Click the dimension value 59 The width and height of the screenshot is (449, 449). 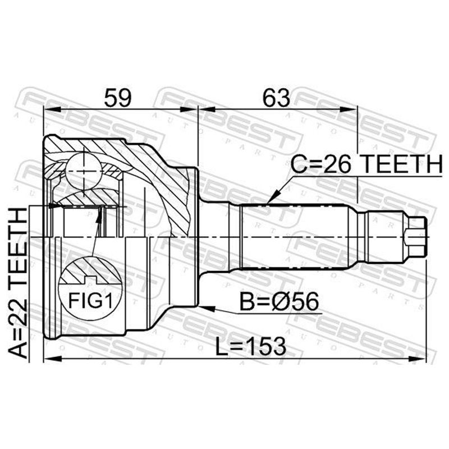[x=118, y=98]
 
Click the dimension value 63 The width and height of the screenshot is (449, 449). [x=277, y=98]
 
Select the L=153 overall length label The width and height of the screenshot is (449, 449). [x=250, y=346]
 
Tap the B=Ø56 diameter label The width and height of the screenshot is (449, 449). [x=279, y=301]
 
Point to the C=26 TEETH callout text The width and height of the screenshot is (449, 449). [x=367, y=164]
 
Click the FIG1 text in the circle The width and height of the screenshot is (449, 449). [x=90, y=300]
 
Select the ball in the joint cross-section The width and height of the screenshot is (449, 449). [x=84, y=172]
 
